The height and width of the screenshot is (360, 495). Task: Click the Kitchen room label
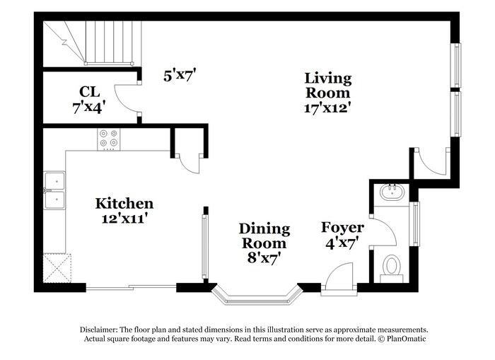pyautogui.click(x=124, y=204)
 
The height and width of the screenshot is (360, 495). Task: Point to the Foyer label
pyautogui.click(x=342, y=227)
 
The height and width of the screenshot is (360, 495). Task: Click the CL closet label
pyautogui.click(x=89, y=92)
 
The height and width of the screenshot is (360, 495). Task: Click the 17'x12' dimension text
pyautogui.click(x=327, y=108)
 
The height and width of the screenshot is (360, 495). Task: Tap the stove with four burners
pyautogui.click(x=108, y=138)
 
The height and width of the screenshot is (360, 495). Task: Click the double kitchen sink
pyautogui.click(x=54, y=191)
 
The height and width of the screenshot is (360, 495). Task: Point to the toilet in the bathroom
pyautogui.click(x=391, y=267)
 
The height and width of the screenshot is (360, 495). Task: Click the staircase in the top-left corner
pyautogui.click(x=92, y=42)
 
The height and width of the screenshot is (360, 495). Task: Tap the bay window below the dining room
pyautogui.click(x=257, y=296)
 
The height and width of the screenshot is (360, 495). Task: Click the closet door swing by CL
pyautogui.click(x=127, y=99)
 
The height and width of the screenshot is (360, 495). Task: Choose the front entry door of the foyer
pyautogui.click(x=339, y=277)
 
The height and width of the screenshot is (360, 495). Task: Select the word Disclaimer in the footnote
pyautogui.click(x=97, y=330)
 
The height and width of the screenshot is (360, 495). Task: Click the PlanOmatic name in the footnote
pyautogui.click(x=404, y=339)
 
